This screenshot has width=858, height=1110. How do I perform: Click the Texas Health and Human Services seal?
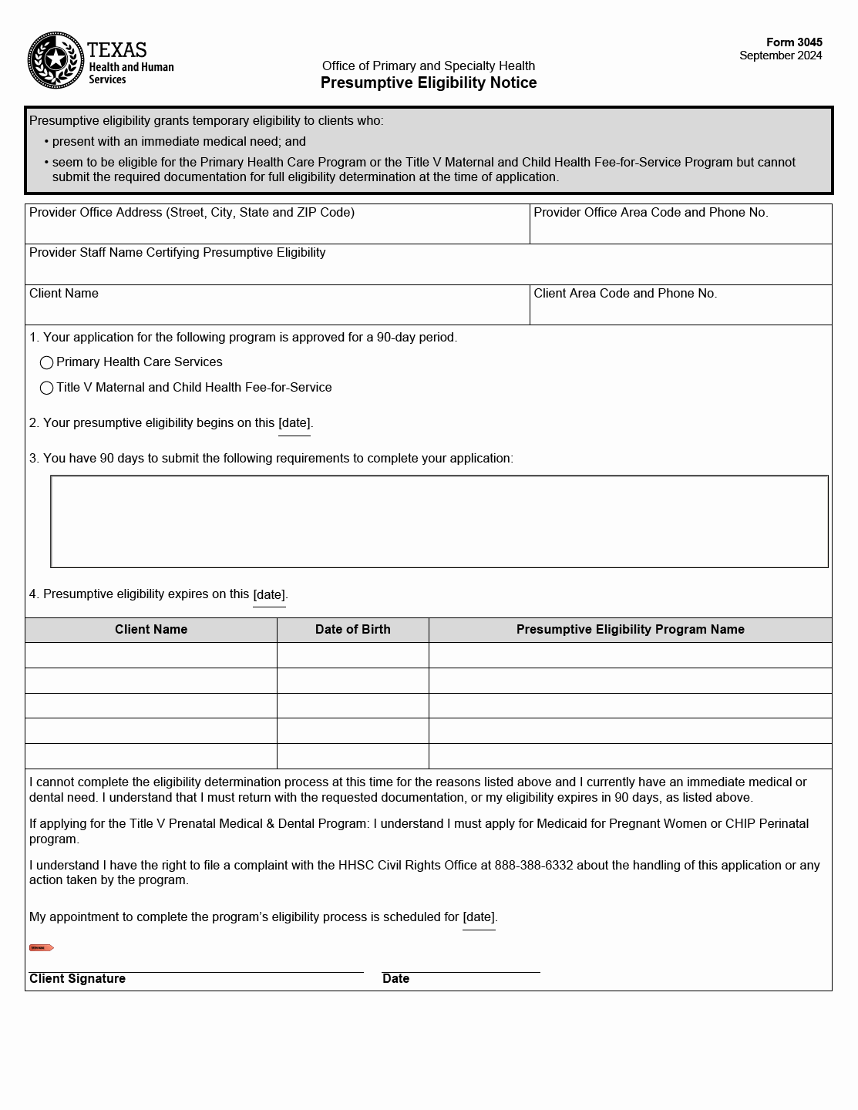[x=56, y=60]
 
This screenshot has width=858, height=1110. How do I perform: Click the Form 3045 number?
[x=793, y=42]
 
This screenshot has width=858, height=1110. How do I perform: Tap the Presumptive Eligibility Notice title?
[x=429, y=82]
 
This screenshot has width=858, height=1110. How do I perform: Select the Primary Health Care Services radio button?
[x=47, y=362]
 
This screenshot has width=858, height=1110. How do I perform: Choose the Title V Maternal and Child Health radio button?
[x=47, y=388]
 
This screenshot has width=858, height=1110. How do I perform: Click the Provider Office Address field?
[x=278, y=230]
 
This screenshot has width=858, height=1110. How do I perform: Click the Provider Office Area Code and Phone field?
[x=681, y=230]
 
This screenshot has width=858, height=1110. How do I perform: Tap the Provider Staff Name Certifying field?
[x=428, y=271]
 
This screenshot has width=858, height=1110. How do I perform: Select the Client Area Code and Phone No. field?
[x=681, y=311]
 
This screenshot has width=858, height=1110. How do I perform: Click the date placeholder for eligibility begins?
[x=294, y=423]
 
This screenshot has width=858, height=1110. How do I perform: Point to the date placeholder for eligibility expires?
[x=269, y=594]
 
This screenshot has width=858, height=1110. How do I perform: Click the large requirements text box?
[x=439, y=522]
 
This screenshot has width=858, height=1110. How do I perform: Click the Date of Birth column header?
[x=352, y=630]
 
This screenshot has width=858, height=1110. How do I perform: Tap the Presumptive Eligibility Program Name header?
[x=630, y=630]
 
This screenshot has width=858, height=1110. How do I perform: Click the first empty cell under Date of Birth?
[x=352, y=655]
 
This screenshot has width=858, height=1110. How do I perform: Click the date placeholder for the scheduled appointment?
[x=479, y=917]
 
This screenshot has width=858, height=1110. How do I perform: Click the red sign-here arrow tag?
[x=41, y=947]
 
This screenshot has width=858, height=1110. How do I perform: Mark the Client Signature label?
[x=77, y=979]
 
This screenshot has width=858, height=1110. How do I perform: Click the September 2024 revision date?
[x=780, y=55]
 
